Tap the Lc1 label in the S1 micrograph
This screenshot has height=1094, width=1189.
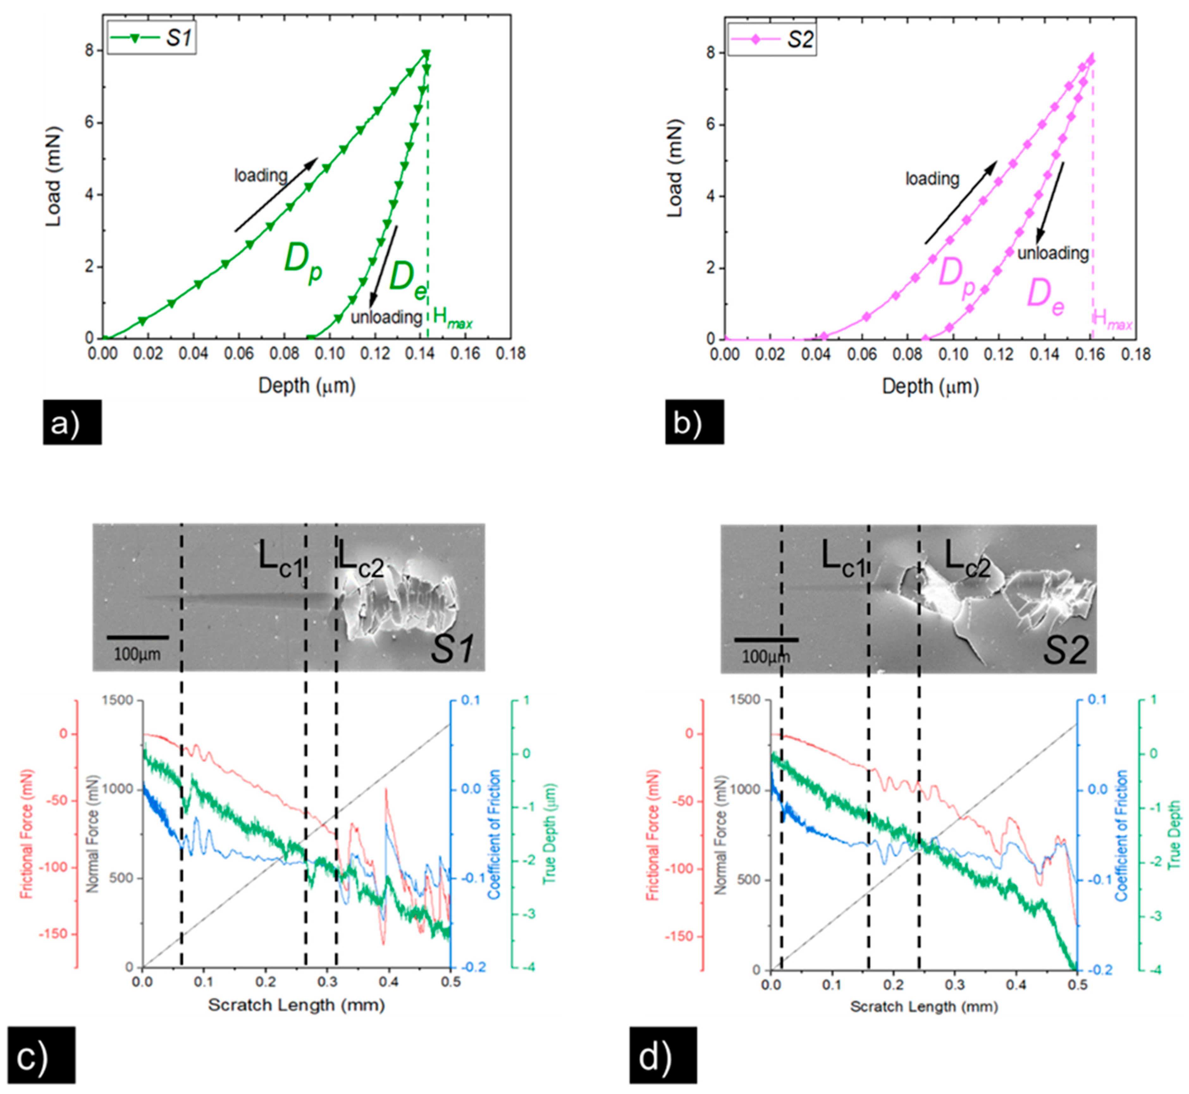pos(281,557)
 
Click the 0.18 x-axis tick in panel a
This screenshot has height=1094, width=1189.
pos(510,354)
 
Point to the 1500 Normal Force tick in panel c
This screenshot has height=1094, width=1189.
pos(118,701)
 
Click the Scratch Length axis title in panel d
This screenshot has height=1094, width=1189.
pos(924,1006)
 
